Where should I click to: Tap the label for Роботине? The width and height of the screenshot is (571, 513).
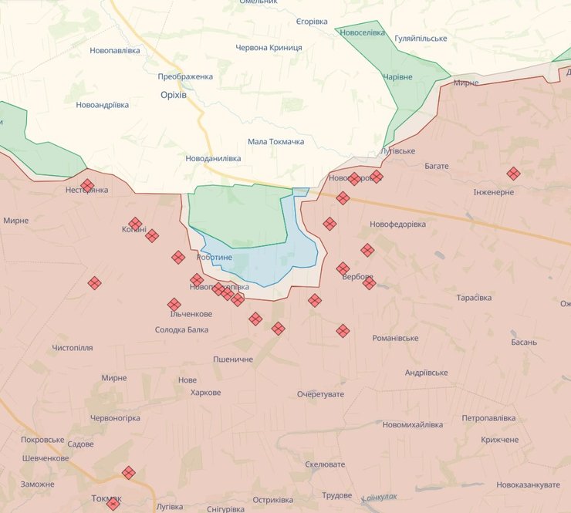pyautogui.click(x=215, y=257)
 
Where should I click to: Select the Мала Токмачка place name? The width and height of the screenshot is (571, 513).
pyautogui.click(x=275, y=142)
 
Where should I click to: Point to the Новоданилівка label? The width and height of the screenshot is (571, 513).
pyautogui.click(x=213, y=158)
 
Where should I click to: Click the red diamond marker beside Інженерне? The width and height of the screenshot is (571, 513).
pyautogui.click(x=513, y=174)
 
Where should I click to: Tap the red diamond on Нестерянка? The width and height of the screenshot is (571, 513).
pyautogui.click(x=87, y=185)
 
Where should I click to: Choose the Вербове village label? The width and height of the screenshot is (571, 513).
pyautogui.click(x=357, y=277)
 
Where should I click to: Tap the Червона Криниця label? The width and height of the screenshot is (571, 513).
pyautogui.click(x=269, y=48)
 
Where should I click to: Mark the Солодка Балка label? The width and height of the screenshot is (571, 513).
pyautogui.click(x=181, y=330)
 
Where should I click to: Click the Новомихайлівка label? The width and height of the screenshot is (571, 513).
pyautogui.click(x=412, y=425)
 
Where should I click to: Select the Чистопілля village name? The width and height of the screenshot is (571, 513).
pyautogui.click(x=73, y=348)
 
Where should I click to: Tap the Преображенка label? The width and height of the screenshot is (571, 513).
pyautogui.click(x=185, y=77)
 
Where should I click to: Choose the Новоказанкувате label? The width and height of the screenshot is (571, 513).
pyautogui.click(x=528, y=484)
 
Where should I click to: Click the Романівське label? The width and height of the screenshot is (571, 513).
pyautogui.click(x=395, y=339)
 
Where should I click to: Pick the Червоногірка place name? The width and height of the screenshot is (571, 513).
pyautogui.click(x=115, y=418)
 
